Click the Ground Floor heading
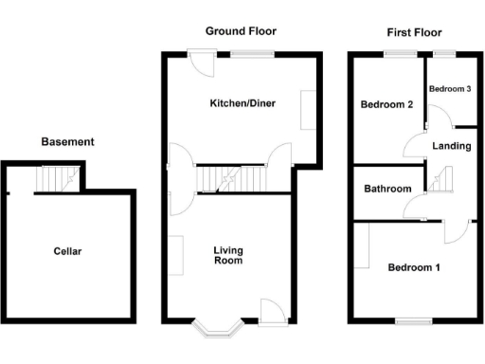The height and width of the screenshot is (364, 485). pos(242,31)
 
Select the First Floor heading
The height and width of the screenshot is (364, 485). pos(414,31)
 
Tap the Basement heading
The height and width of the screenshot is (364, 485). pos(67,142)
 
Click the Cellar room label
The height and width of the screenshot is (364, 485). pos(67,251)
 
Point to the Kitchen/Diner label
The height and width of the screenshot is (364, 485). pos(242,103)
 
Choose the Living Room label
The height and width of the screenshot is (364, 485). pos(228,255)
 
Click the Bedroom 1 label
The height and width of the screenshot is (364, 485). pos(414,267)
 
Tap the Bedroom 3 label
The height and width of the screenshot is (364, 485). pos(450,88)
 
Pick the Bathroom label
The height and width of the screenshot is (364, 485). pos(387,189)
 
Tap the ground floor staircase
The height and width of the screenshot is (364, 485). pos(232,178)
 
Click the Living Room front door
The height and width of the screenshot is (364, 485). pos(270,310)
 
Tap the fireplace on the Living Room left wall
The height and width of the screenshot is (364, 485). pos(176,255)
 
